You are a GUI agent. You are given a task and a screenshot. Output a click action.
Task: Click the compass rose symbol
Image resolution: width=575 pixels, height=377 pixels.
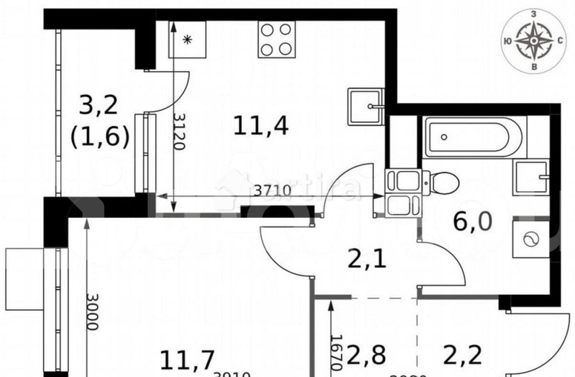[x=534, y=41]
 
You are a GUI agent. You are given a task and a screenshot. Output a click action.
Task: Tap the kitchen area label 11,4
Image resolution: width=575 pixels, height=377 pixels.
[x=261, y=125]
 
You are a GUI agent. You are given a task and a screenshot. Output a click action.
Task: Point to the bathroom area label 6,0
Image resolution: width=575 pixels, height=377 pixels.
[x=473, y=221]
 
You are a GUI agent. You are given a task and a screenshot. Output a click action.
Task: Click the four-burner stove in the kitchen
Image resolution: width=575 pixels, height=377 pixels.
[x=277, y=40]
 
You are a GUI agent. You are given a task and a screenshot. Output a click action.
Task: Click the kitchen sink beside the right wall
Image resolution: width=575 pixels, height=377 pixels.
[x=365, y=106]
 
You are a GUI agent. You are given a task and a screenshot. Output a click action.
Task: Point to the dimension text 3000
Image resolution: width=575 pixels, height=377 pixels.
[x=91, y=311]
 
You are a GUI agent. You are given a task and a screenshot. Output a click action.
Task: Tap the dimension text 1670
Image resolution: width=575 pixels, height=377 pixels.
[x=337, y=351]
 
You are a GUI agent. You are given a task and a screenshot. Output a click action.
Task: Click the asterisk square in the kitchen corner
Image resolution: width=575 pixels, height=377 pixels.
[x=187, y=39]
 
